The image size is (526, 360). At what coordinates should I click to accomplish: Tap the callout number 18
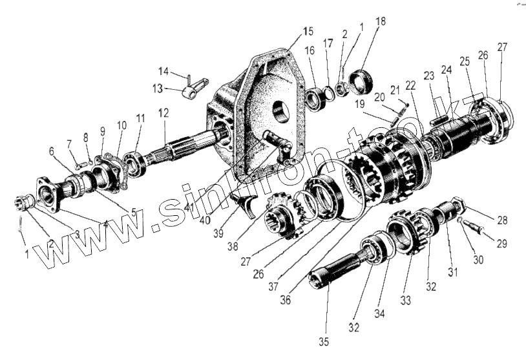381,22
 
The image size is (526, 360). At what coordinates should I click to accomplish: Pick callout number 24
446,69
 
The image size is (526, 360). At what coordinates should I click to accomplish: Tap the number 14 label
163,71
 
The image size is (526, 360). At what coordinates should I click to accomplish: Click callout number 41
187,208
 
